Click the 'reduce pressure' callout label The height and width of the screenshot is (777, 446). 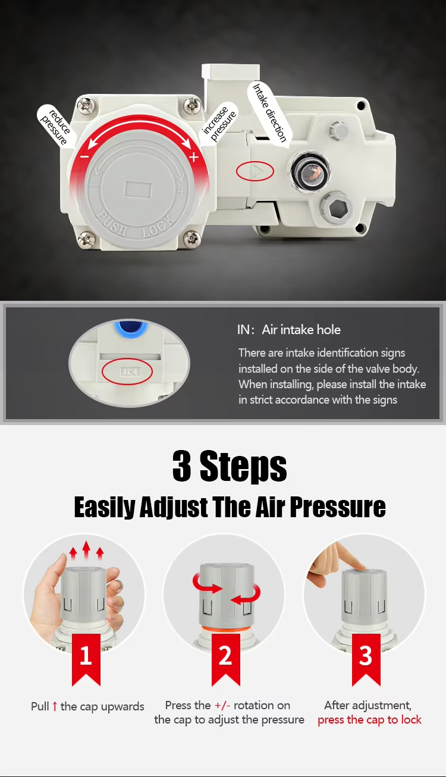(x=56, y=126)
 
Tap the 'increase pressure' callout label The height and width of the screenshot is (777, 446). (x=218, y=124)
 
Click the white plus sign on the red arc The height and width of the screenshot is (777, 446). (x=194, y=157)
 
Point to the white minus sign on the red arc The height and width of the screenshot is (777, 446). (x=84, y=157)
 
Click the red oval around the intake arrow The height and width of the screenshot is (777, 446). (x=255, y=171)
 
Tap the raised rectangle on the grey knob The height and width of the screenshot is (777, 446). (x=138, y=190)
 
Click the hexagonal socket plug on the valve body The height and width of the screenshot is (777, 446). (x=337, y=209)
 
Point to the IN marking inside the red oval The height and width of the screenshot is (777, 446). (x=127, y=372)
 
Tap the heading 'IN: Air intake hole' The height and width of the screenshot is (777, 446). (x=289, y=329)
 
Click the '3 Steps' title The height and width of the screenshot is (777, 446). (x=230, y=465)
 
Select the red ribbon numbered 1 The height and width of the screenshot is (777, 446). (x=86, y=660)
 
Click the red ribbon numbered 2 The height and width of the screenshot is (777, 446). (x=225, y=660)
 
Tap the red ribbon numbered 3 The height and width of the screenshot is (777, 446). (x=366, y=660)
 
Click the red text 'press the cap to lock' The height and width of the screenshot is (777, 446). (x=369, y=720)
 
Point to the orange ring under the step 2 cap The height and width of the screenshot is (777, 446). (x=225, y=629)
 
